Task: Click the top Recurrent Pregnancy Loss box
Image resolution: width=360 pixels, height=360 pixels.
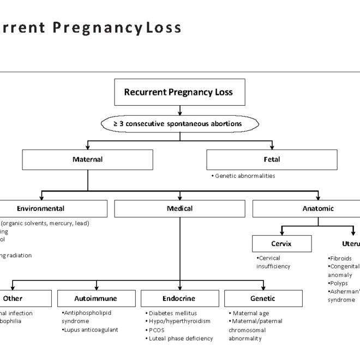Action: click(178, 92)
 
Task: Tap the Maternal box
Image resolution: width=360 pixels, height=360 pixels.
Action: click(87, 160)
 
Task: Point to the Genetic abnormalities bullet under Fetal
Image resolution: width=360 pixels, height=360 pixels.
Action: click(243, 176)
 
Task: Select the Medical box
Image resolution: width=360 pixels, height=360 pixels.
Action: click(179, 208)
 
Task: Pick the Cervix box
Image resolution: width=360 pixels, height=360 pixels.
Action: click(281, 244)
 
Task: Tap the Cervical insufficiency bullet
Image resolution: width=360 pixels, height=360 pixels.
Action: click(273, 262)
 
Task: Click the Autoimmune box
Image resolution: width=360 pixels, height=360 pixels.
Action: click(95, 298)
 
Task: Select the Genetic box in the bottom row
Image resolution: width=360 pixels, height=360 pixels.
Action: click(263, 298)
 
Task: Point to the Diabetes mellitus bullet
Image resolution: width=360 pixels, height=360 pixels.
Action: click(173, 313)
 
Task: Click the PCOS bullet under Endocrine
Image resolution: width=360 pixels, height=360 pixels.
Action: click(157, 330)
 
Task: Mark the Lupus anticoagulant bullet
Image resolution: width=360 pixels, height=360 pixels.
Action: click(90, 329)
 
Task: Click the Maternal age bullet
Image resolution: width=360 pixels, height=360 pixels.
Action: click(251, 313)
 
